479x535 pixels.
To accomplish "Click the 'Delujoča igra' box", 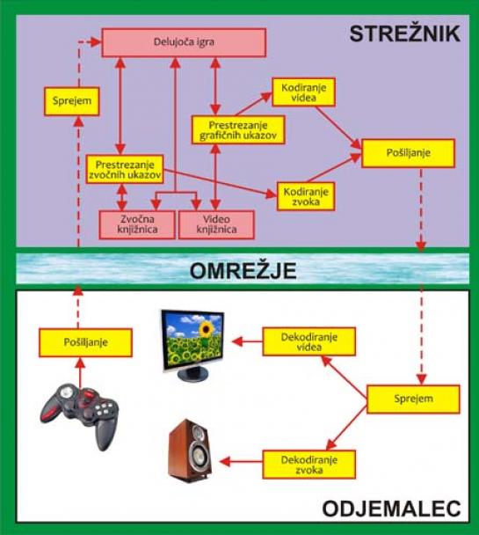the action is (x=184, y=42).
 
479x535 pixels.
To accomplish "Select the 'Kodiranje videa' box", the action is (x=303, y=92).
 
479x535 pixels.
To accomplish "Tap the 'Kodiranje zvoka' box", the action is (x=306, y=196).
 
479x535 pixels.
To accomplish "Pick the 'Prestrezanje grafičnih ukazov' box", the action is (x=238, y=129).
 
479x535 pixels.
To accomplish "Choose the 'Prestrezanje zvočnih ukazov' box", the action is (x=125, y=169).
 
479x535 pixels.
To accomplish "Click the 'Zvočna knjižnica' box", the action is (x=137, y=224).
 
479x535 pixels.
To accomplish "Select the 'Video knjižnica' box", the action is (x=216, y=224).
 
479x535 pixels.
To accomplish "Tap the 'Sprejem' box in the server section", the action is (x=72, y=101).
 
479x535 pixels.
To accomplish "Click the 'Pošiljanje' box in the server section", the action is (x=408, y=153).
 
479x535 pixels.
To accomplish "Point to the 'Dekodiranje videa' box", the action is (x=309, y=341).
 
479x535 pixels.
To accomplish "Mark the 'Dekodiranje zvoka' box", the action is (x=309, y=465).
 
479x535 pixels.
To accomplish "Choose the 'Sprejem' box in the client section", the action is (x=413, y=399).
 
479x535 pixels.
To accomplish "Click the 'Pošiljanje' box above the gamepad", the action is (x=85, y=342).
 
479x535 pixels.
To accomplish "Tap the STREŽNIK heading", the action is (x=405, y=34).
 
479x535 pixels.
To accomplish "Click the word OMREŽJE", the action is (x=243, y=271).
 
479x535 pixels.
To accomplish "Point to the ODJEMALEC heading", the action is (x=391, y=509).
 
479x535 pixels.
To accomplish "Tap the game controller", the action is (x=80, y=415).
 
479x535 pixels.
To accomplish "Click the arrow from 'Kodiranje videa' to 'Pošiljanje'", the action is (x=338, y=128).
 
